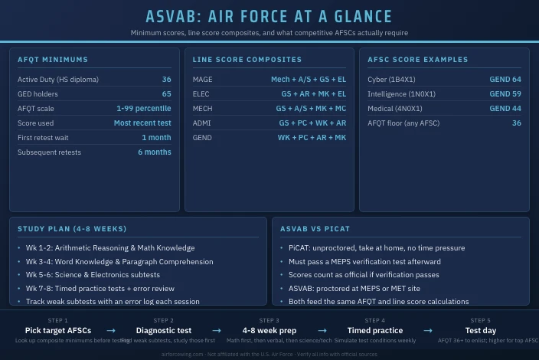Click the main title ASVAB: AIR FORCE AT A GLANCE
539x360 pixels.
coord(269,17)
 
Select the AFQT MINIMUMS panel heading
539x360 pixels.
coord(53,60)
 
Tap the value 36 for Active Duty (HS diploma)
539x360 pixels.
coord(166,80)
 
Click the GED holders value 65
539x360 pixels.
coord(166,94)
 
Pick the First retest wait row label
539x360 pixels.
coord(49,138)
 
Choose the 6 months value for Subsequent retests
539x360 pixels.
coord(155,152)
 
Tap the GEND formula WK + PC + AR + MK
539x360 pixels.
coord(312,138)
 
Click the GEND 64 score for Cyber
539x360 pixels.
coord(505,80)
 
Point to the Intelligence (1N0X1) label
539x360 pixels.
coord(401,94)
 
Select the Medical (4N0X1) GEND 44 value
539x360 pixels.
coord(505,109)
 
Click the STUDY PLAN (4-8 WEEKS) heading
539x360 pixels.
coord(72,229)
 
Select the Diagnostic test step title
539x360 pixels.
coord(164,331)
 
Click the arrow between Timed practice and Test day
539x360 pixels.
coord(428,331)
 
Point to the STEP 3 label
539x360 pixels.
coord(269,321)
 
